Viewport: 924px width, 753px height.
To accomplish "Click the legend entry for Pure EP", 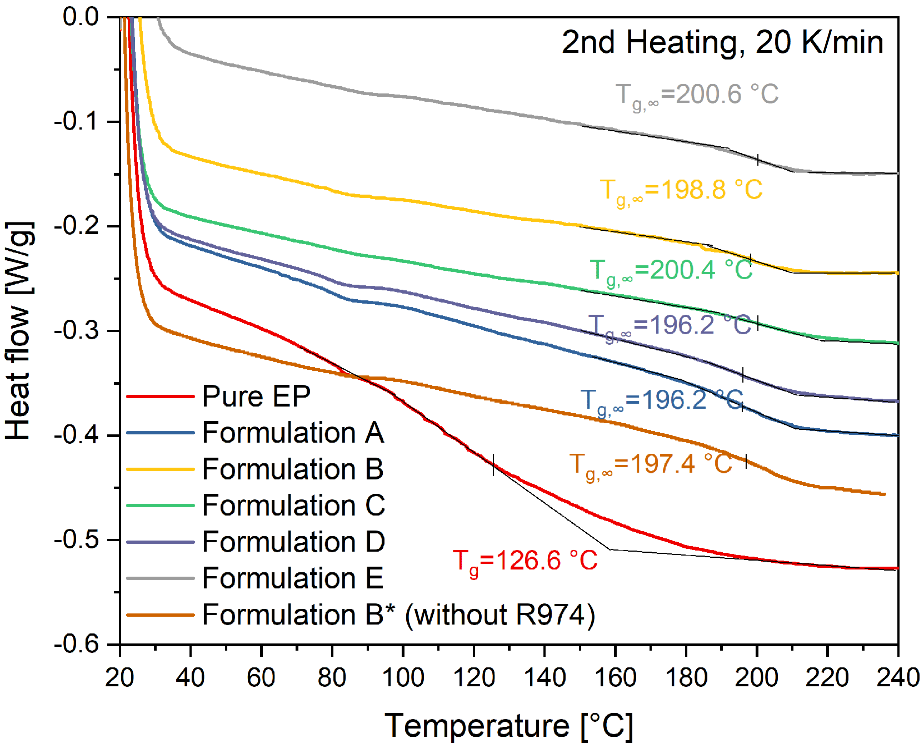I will coord(256,397).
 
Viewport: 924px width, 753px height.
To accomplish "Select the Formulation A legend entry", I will coord(293,433).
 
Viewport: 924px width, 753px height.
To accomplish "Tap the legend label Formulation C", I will coord(293,506).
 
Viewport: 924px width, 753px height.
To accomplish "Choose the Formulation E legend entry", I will coord(293,578).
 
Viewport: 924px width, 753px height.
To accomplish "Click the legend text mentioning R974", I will coord(398,615).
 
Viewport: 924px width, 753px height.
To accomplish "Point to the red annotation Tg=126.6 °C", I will coord(525,561).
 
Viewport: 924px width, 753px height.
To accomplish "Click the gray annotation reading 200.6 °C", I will coord(697,95).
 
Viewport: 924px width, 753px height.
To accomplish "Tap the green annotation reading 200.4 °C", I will coord(671,271).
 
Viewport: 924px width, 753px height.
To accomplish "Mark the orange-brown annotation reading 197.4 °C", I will coord(651,464).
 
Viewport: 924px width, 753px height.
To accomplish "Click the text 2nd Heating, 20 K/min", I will coord(722,42).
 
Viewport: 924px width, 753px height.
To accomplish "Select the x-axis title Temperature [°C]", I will coord(508,726).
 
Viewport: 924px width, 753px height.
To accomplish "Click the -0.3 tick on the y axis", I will coord(77,331).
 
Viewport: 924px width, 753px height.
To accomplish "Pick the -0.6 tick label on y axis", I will coord(77,645).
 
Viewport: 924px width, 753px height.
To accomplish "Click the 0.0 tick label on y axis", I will coord(80,17).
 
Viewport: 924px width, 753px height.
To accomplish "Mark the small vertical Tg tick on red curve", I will coord(493,464).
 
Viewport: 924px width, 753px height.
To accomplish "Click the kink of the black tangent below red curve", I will coord(611,549).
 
